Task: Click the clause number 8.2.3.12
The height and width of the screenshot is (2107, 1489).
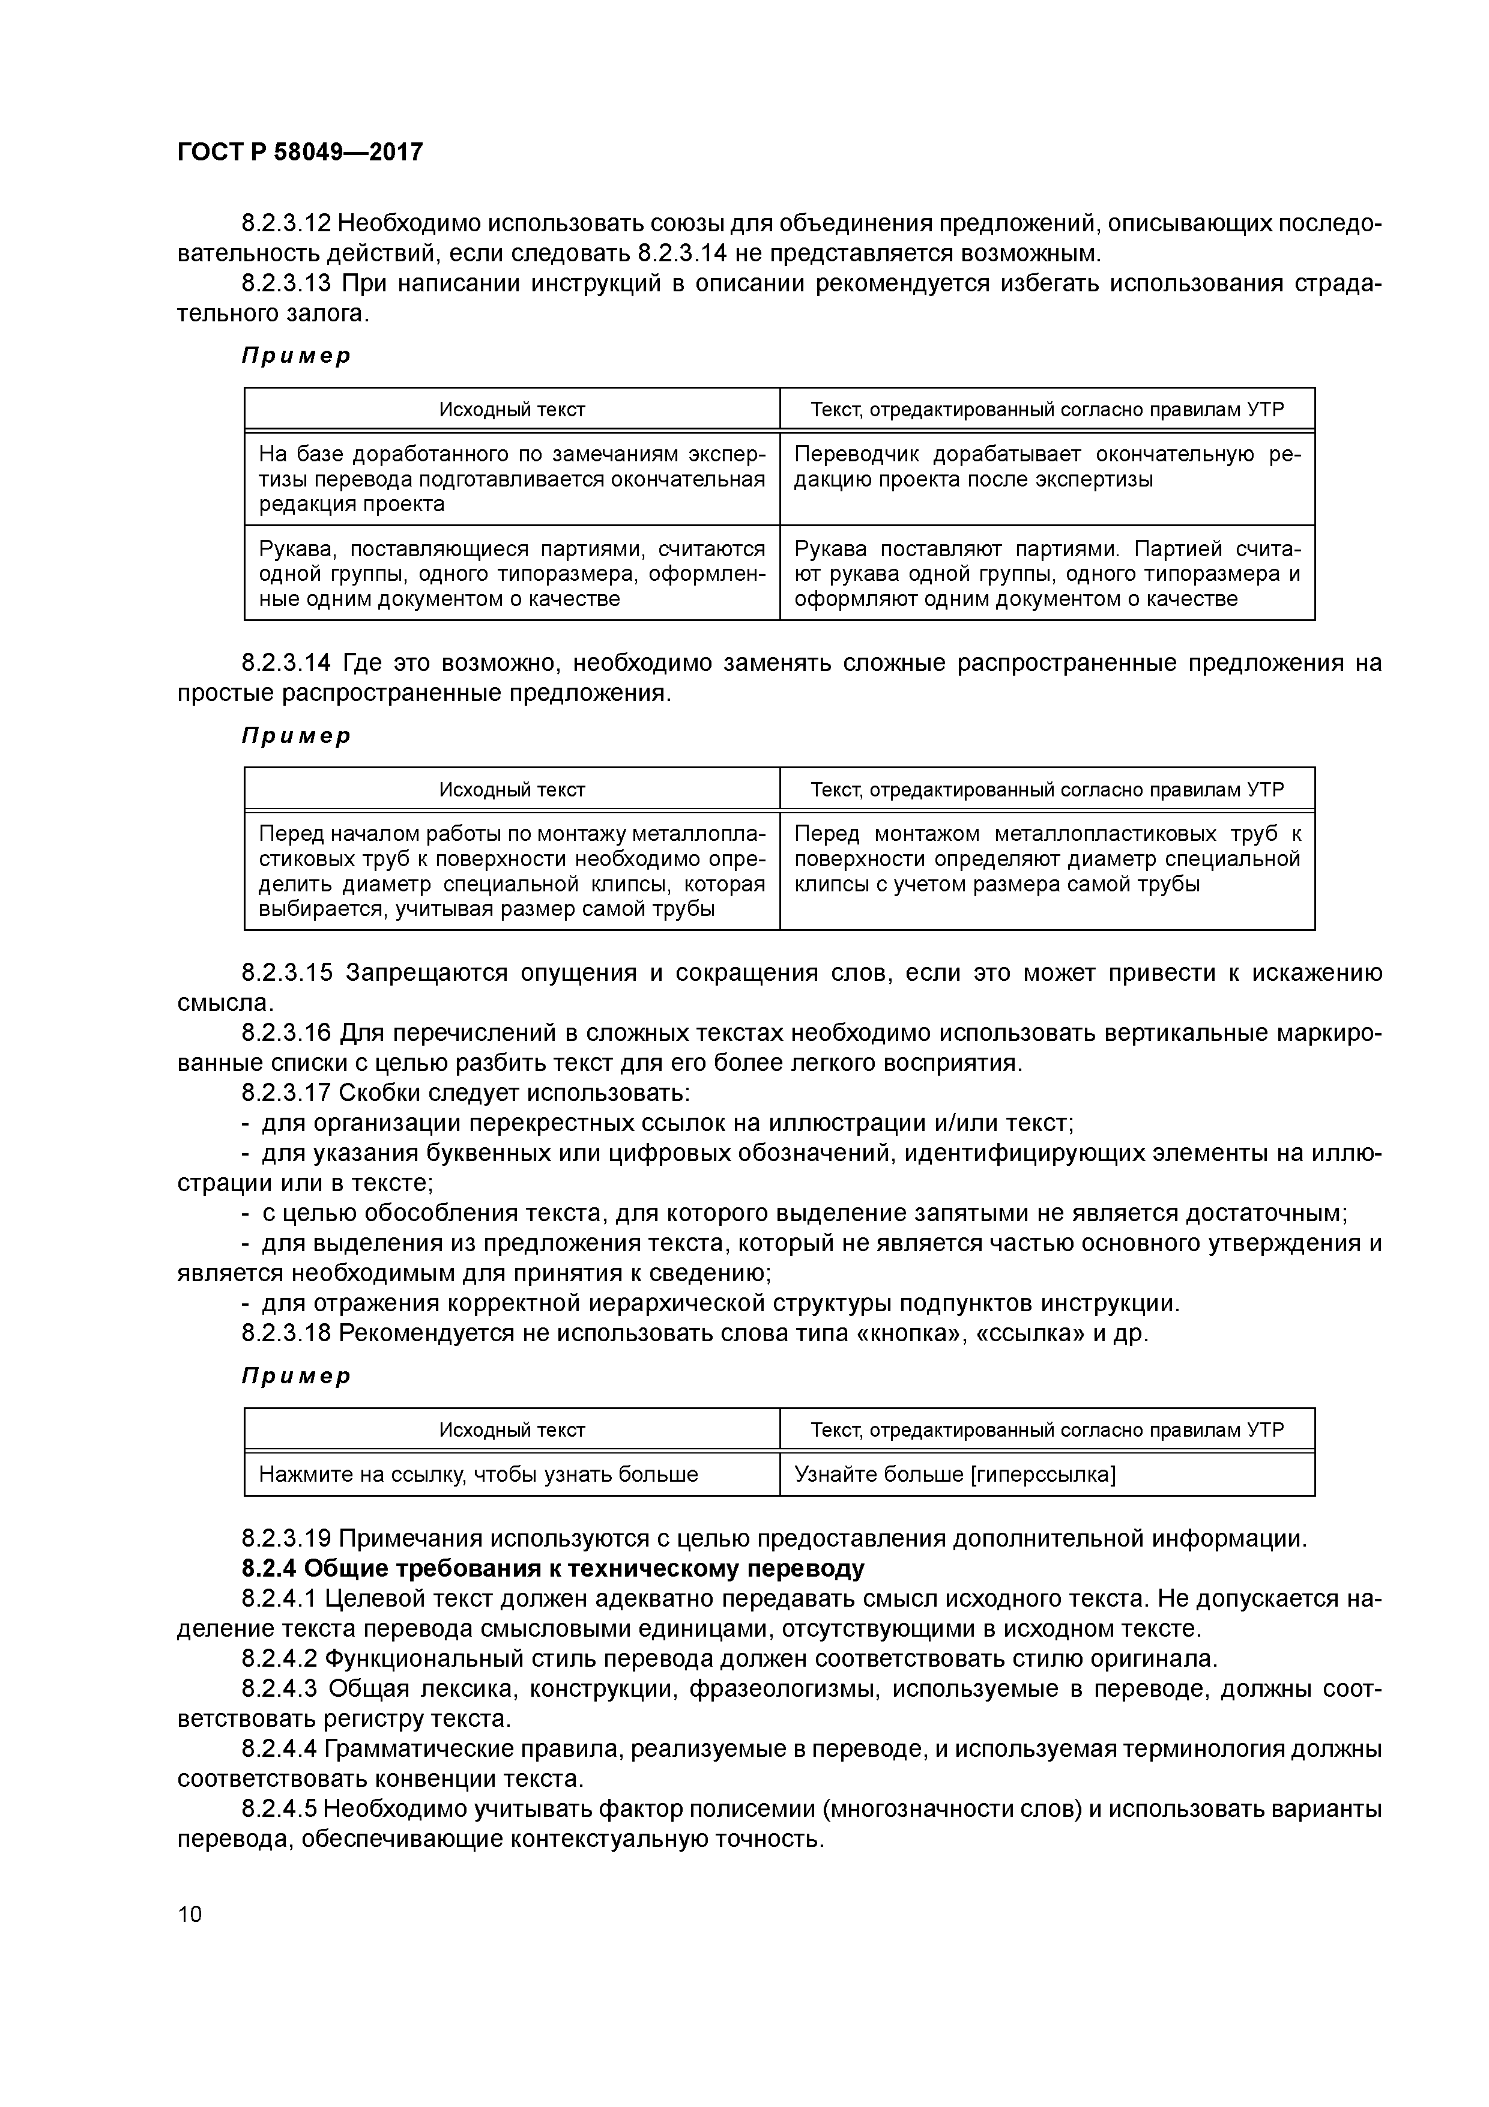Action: click(287, 224)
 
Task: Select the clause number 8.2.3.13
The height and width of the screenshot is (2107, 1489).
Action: click(287, 283)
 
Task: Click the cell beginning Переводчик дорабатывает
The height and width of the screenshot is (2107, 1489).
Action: click(1046, 467)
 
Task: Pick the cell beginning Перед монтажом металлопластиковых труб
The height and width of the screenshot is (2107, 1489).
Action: click(1046, 859)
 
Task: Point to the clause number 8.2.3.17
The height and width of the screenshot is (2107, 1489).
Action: click(287, 1093)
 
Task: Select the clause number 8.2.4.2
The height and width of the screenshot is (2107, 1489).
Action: click(280, 1659)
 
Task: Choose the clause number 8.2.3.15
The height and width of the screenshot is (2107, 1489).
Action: click(287, 973)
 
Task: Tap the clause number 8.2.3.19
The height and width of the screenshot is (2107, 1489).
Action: click(287, 1539)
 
